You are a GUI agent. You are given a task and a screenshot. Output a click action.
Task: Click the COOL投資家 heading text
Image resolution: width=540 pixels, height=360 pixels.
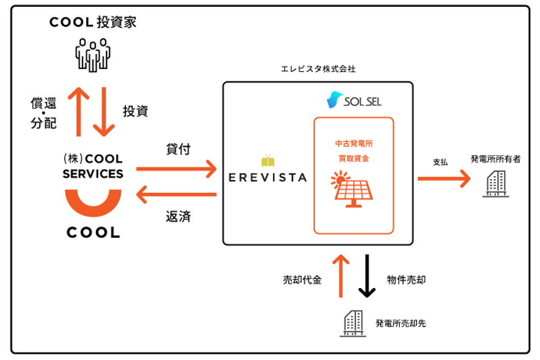tap(92, 22)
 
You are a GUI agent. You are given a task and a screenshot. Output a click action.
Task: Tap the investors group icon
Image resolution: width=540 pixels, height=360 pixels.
tap(92, 55)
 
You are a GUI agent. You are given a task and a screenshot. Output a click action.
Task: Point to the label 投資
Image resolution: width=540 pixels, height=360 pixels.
tap(135, 111)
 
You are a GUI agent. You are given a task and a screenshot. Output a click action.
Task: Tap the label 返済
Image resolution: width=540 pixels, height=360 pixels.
tap(178, 217)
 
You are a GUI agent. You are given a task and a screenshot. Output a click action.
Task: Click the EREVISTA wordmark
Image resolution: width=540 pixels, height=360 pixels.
tap(268, 178)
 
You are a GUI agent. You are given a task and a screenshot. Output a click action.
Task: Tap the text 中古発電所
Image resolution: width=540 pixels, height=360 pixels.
tap(354, 143)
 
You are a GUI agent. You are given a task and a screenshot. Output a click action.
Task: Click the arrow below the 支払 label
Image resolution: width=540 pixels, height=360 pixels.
tap(444, 179)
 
